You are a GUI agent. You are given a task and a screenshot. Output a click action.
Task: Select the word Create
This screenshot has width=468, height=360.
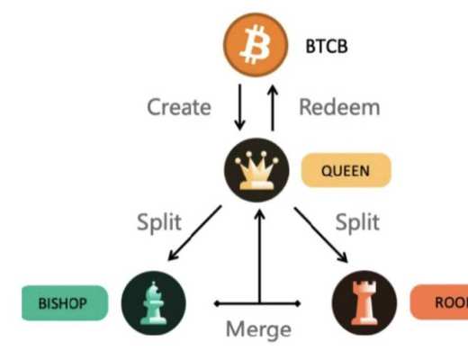(x=179, y=107)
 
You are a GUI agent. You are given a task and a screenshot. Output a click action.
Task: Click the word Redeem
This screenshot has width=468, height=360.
(x=339, y=107)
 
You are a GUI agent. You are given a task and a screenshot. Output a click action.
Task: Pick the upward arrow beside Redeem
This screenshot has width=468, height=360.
(x=274, y=107)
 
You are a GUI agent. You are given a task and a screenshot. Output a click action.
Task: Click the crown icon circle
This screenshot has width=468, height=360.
(x=256, y=171)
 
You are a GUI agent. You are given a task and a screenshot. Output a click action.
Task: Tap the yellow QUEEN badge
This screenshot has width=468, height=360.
(x=346, y=170)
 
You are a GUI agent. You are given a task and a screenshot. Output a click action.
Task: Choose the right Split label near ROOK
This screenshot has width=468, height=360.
(x=356, y=221)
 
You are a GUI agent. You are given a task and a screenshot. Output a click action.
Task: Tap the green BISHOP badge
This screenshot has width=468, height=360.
(x=63, y=303)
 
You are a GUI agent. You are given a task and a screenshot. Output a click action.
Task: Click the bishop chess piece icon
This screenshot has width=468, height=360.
(x=153, y=301)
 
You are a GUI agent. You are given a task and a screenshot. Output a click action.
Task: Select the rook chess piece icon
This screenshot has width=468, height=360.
(x=364, y=301)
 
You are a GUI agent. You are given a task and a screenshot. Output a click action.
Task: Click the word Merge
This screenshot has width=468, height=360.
(x=258, y=328)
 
